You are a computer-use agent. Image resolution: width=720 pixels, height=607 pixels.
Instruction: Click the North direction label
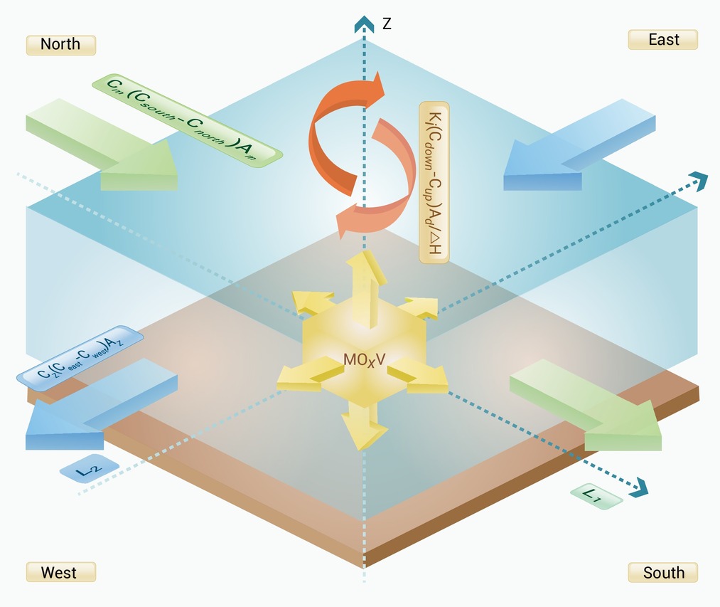point(60,45)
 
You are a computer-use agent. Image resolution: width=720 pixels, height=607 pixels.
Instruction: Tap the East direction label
point(663,40)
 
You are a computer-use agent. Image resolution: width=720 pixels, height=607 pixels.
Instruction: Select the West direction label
point(60,572)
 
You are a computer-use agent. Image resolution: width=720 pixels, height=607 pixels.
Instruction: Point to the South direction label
point(663,572)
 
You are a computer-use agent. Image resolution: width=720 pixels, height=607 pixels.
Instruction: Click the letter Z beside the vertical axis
point(387,23)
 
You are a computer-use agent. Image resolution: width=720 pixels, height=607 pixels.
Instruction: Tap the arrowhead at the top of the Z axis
point(364,24)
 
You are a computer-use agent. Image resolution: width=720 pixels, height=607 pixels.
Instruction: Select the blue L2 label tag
point(90,469)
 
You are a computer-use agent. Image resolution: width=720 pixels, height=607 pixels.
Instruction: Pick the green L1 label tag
point(596,496)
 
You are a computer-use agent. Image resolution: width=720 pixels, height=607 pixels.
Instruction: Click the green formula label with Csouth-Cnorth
point(187,120)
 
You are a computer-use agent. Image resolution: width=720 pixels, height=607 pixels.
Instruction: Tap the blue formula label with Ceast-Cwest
point(80,358)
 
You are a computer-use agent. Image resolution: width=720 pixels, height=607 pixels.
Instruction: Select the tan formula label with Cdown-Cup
point(434,183)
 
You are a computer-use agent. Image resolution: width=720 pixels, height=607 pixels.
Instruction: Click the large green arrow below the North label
point(102,145)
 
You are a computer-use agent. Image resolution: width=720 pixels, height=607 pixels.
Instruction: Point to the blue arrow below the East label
point(579,145)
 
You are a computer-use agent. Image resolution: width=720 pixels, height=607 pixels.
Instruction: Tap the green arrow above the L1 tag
point(586,405)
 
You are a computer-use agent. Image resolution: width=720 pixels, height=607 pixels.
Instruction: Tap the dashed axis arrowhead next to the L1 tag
point(640,488)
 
